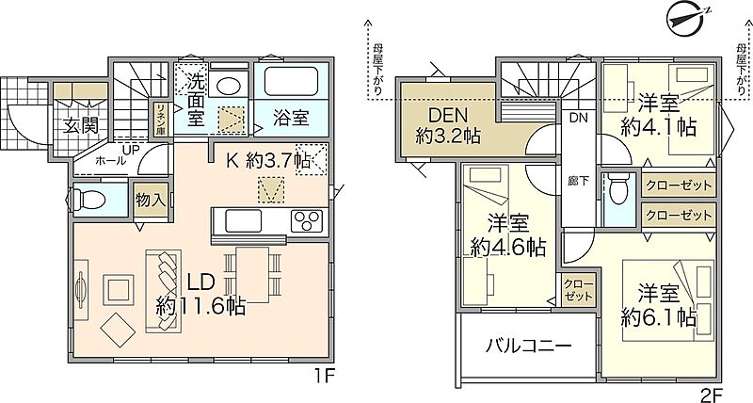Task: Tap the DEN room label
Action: [448, 115]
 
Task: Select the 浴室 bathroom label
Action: [291, 118]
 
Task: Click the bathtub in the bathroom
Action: [291, 82]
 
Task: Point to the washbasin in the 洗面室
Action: [228, 85]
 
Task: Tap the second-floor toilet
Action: [617, 188]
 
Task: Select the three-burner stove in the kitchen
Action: [307, 220]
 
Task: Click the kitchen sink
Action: [244, 221]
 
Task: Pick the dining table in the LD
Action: [252, 274]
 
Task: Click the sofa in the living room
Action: [163, 291]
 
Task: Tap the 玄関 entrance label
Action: [82, 125]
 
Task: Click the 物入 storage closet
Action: [151, 201]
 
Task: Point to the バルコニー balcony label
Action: [528, 346]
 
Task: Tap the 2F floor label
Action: [712, 395]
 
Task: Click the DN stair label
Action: [579, 118]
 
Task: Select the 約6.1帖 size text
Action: [658, 317]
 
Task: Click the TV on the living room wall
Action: [80, 290]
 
